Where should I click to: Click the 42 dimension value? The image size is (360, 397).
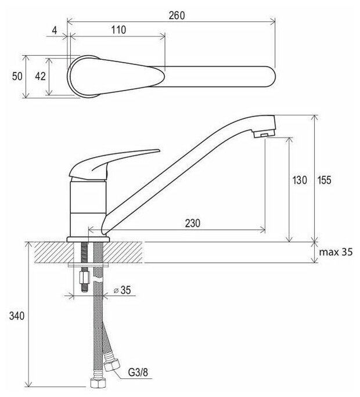coord(38,77)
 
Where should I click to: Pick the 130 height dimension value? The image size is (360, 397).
coord(298,181)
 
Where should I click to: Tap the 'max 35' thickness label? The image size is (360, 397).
coord(336,252)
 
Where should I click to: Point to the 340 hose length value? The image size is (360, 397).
coord(16,316)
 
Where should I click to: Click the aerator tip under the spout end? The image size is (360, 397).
coord(261,135)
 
